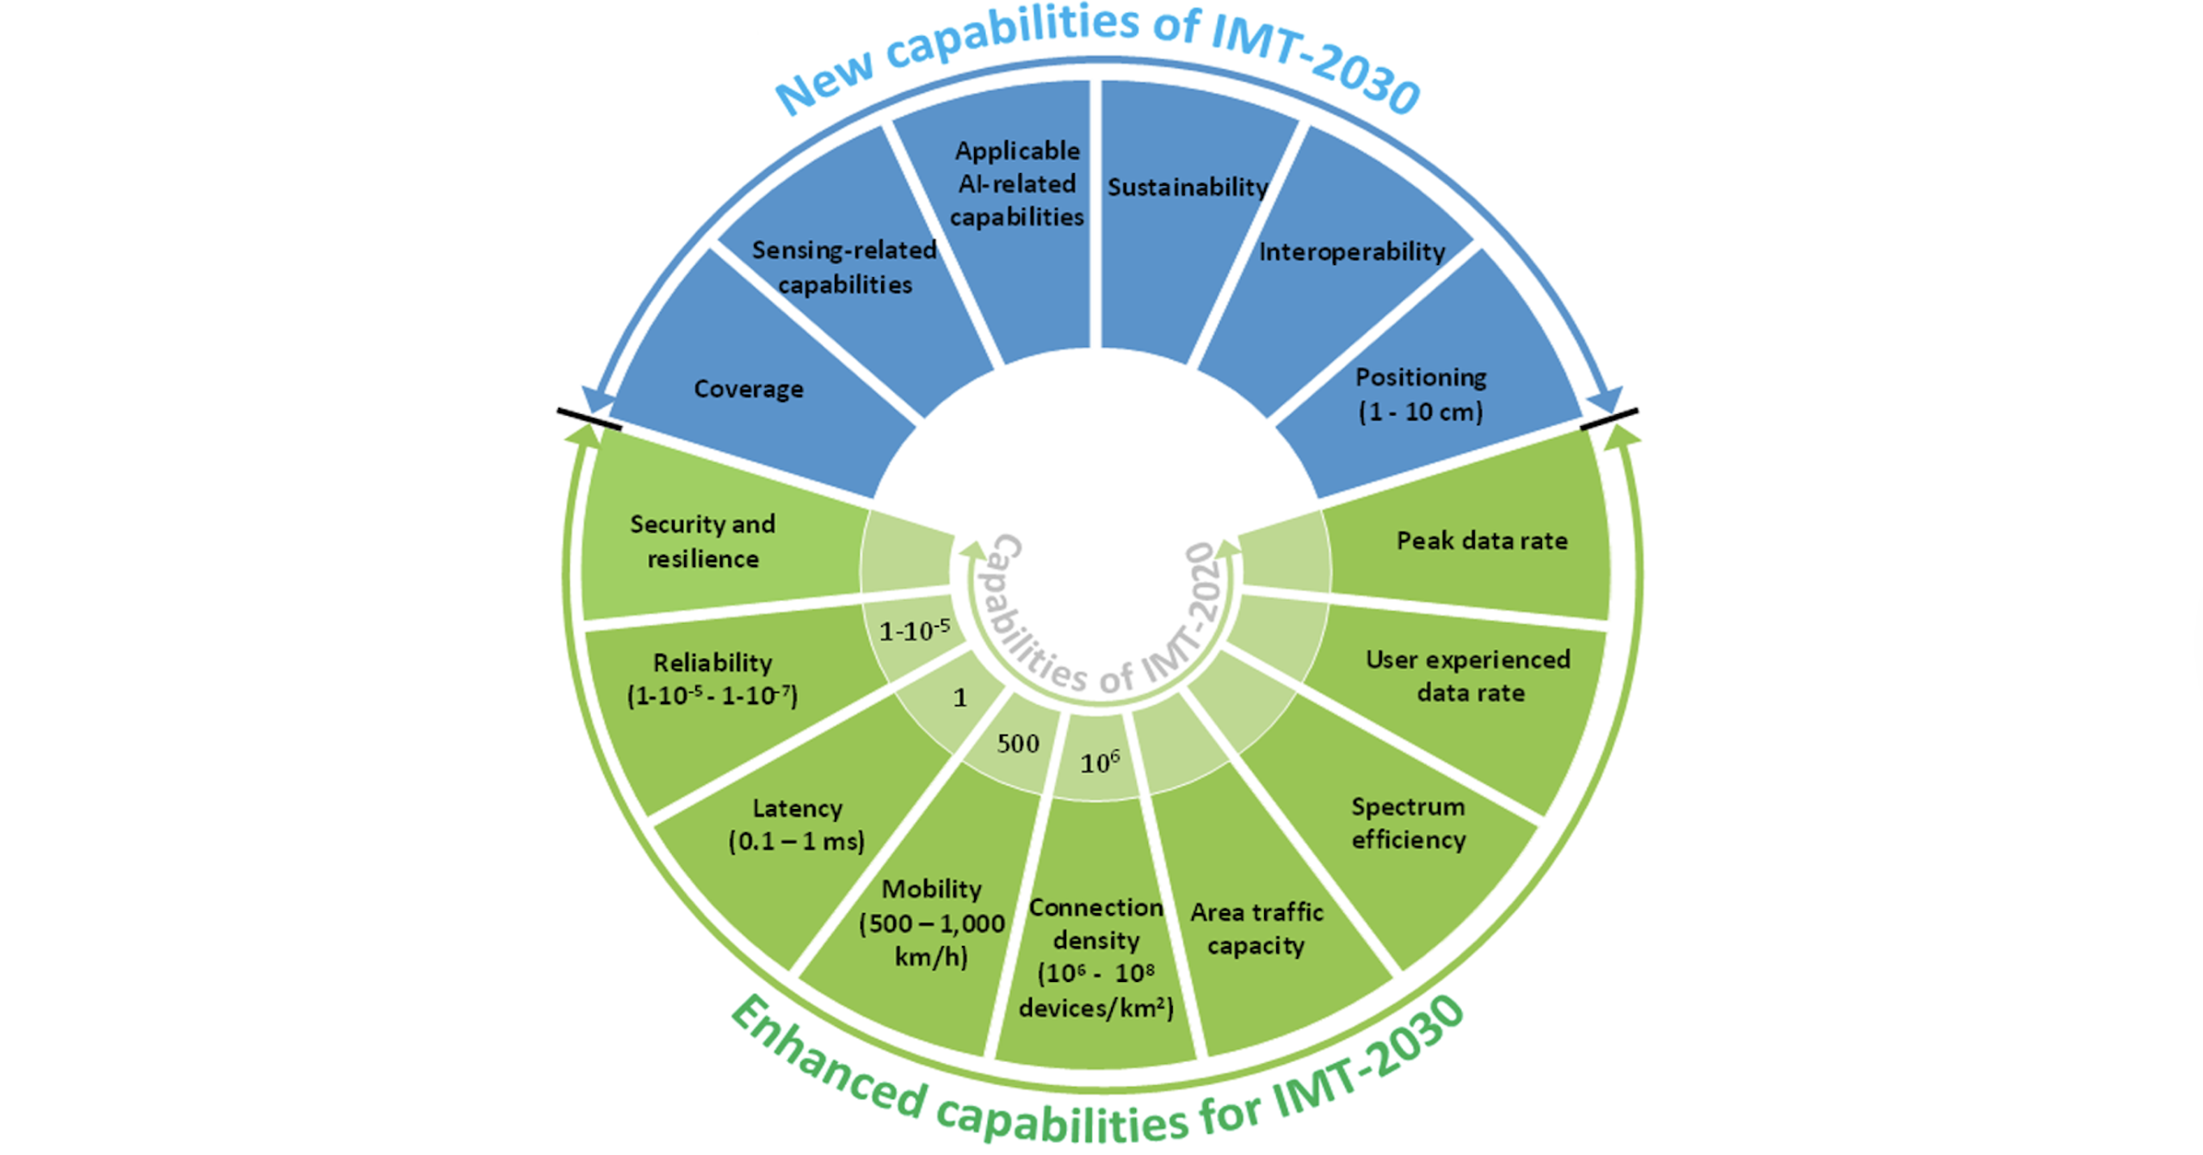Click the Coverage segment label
[748, 389]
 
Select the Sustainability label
[1187, 187]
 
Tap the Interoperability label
[1351, 251]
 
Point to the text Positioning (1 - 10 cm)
[1420, 394]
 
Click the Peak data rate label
[1481, 540]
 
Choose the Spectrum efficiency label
[1408, 823]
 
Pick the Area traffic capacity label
[1256, 929]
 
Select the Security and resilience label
[702, 541]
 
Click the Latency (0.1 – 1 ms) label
[796, 825]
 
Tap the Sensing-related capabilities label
[844, 268]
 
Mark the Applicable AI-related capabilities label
[1016, 183]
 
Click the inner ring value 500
[1018, 743]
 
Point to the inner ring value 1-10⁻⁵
[914, 631]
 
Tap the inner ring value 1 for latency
[960, 698]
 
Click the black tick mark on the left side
[589, 419]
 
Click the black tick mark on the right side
[1608, 418]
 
